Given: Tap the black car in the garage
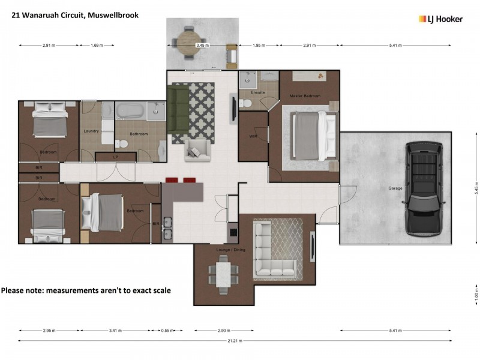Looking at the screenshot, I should pyautogui.click(x=424, y=187).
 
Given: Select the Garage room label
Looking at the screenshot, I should pyautogui.click(x=395, y=188).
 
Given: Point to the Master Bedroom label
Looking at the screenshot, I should pyautogui.click(x=305, y=96).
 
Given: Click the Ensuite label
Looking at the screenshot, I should pyautogui.click(x=258, y=92).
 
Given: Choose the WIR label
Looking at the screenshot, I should pyautogui.click(x=253, y=136).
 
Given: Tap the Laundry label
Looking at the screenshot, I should pyautogui.click(x=92, y=131).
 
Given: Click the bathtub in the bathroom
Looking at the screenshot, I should pyautogui.click(x=129, y=111).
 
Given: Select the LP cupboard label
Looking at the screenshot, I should pyautogui.click(x=115, y=157).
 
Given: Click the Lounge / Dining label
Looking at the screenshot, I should pyautogui.click(x=227, y=248).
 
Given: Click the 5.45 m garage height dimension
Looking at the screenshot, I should pyautogui.click(x=474, y=188).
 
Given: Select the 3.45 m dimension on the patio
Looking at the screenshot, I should pyautogui.click(x=203, y=45).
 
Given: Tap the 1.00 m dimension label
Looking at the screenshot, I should pyautogui.click(x=474, y=296).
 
